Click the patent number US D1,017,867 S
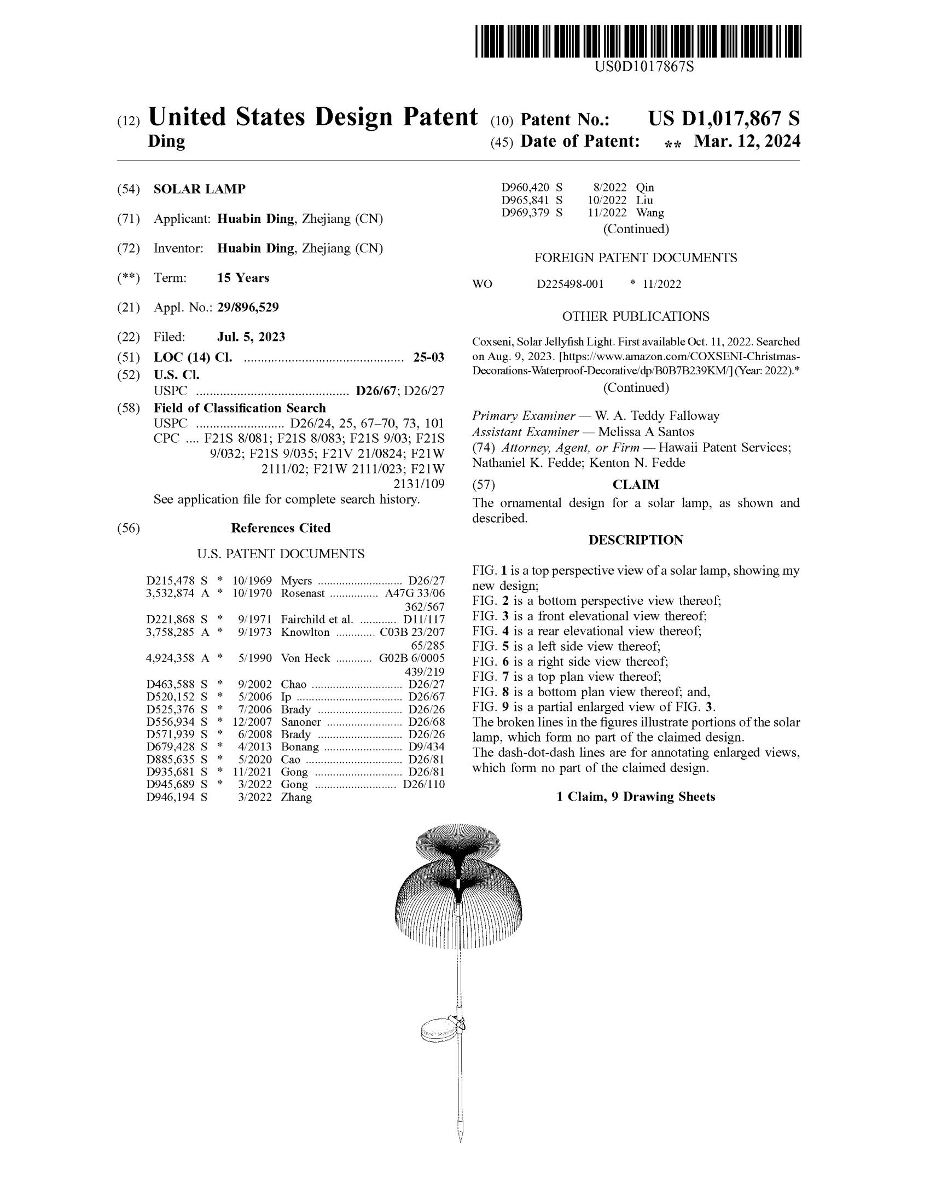click(x=723, y=119)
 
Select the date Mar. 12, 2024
click(x=747, y=142)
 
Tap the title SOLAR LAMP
click(x=200, y=189)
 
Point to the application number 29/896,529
click(x=248, y=307)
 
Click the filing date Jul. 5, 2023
click(x=251, y=337)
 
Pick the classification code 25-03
click(x=428, y=357)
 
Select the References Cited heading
click(x=281, y=528)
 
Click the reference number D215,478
click(x=170, y=581)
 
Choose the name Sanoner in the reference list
click(x=301, y=722)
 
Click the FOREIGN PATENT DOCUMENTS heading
click(x=635, y=257)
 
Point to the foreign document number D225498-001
click(x=570, y=284)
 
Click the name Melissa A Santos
click(x=646, y=432)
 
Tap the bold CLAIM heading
click(x=636, y=484)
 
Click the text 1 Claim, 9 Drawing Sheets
click(x=635, y=797)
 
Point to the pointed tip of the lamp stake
click(x=460, y=1137)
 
